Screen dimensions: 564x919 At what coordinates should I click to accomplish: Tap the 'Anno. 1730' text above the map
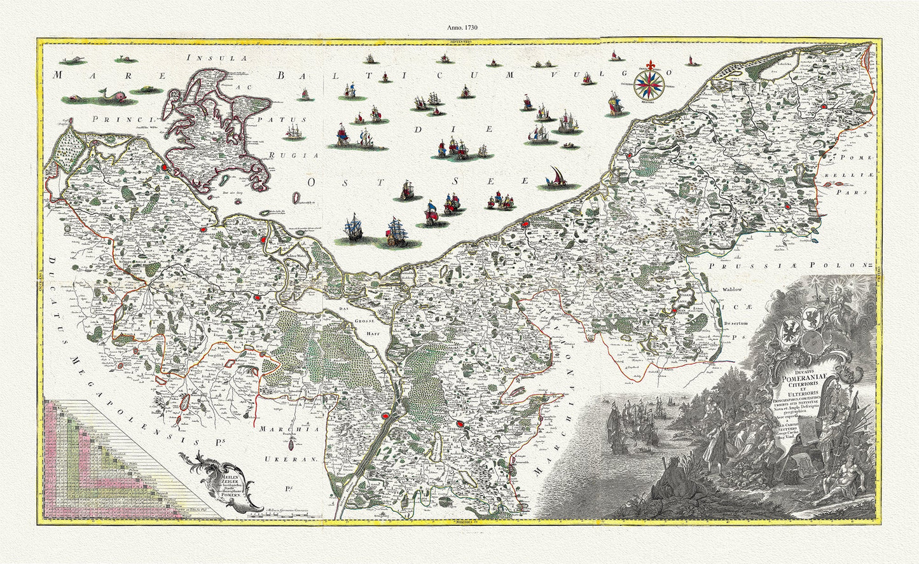(x=459, y=28)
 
